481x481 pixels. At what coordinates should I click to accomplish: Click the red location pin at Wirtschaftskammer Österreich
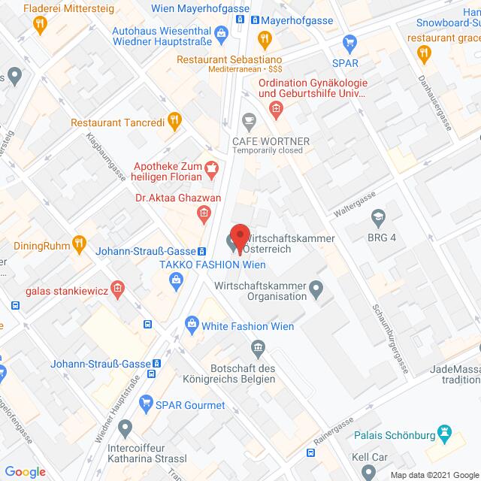(x=239, y=237)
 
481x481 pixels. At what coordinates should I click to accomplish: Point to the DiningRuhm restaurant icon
(x=79, y=243)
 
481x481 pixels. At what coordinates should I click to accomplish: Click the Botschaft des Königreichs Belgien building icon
(x=259, y=347)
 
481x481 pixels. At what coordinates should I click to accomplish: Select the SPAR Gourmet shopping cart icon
(x=146, y=405)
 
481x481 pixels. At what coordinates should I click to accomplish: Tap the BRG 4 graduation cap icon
(x=378, y=218)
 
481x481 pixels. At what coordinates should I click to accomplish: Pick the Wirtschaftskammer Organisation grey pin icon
(x=316, y=286)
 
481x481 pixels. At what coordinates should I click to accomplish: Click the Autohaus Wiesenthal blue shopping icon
(x=222, y=32)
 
